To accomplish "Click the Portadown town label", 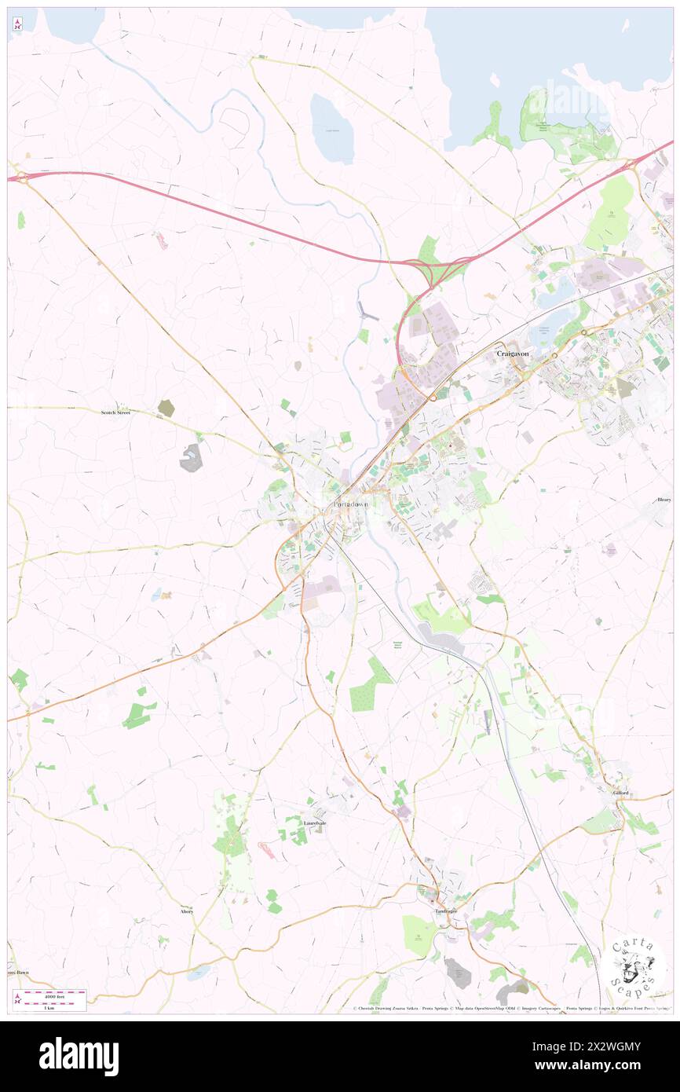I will click(x=350, y=504).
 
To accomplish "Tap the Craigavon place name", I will click(x=513, y=354).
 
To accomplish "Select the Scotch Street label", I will click(x=115, y=412).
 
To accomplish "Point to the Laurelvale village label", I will click(x=315, y=823).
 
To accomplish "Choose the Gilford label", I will click(x=621, y=793).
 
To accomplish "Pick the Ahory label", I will click(x=186, y=911).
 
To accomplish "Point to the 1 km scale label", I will click(x=49, y=1007).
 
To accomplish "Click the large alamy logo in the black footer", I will click(x=79, y=1056).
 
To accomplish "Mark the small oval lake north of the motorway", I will click(x=332, y=128).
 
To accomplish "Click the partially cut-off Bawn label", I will click(x=19, y=972).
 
